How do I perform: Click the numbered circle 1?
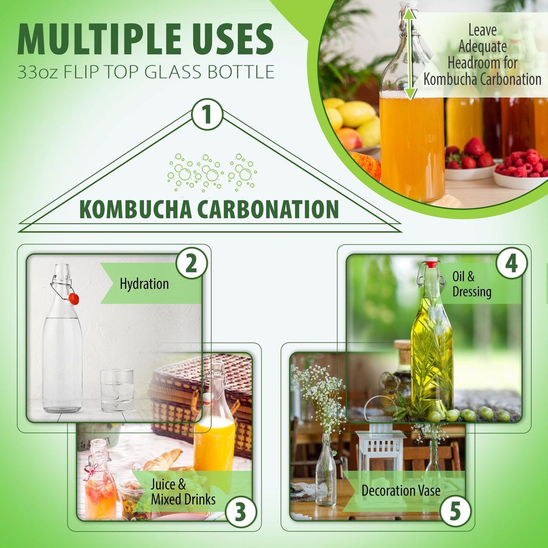pyautogui.click(x=207, y=114)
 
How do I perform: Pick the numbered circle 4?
pyautogui.click(x=511, y=263)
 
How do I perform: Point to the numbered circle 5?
pyautogui.click(x=455, y=511)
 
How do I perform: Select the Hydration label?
pyautogui.click(x=144, y=284)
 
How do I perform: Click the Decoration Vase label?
pyautogui.click(x=400, y=490)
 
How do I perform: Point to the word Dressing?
pyautogui.click(x=472, y=292)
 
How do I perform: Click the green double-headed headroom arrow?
pyautogui.click(x=410, y=54)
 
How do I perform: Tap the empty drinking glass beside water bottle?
pyautogui.click(x=117, y=391)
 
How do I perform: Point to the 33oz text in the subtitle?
pyautogui.click(x=37, y=72)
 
